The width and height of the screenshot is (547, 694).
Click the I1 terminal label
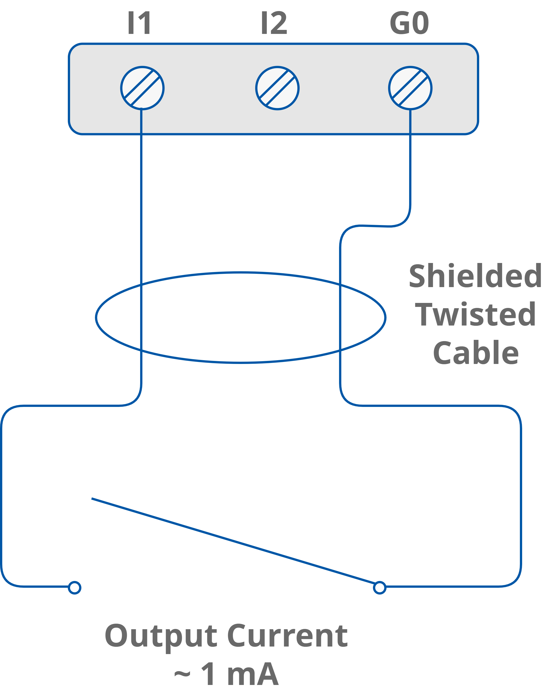pyautogui.click(x=139, y=23)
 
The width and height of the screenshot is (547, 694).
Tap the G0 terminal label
pyautogui.click(x=409, y=23)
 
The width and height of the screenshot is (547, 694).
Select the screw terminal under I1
pyautogui.click(x=142, y=88)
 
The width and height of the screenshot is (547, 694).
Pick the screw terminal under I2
pyautogui.click(x=277, y=88)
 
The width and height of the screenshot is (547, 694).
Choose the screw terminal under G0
pyautogui.click(x=410, y=88)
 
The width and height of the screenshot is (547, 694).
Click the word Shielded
pyautogui.click(x=475, y=276)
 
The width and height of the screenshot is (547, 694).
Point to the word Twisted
pyautogui.click(x=475, y=314)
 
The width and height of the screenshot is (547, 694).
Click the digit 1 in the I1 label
pyautogui.click(x=145, y=23)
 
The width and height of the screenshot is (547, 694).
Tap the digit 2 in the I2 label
pyautogui.click(x=278, y=23)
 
